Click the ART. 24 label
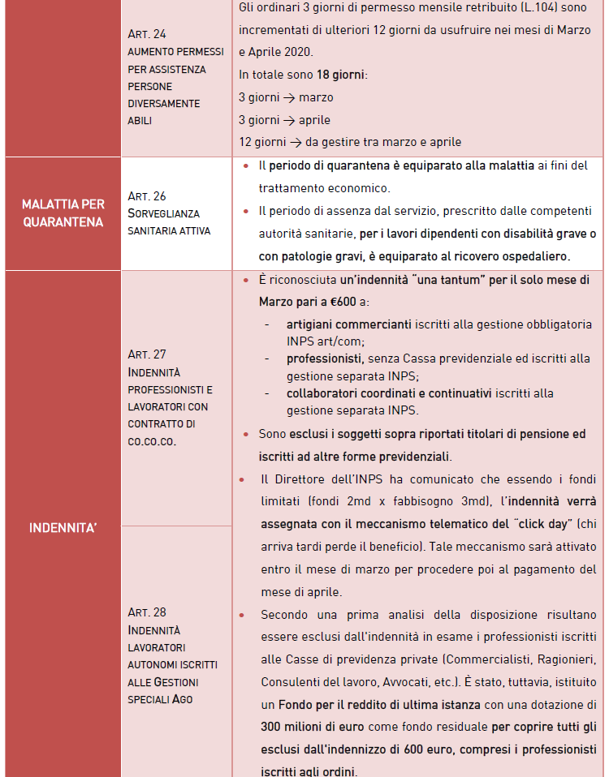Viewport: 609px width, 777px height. coord(147,34)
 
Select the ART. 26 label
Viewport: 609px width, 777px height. coord(147,196)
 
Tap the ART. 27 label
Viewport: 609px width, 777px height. coord(147,354)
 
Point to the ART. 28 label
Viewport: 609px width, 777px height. coord(147,612)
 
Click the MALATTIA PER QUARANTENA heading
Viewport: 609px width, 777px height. coord(63,213)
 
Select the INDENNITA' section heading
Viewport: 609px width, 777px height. coord(63,528)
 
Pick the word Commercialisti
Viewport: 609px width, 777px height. coord(475,659)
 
